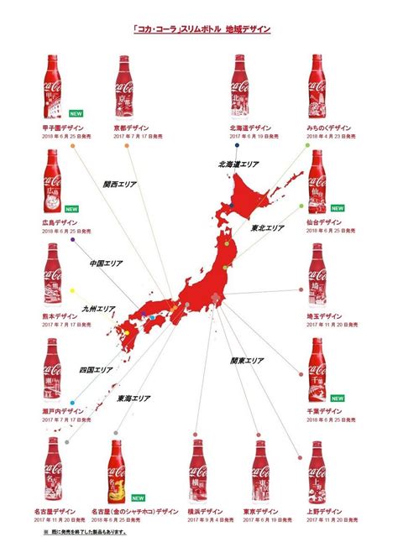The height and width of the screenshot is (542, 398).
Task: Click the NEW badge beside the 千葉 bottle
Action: (x=338, y=398)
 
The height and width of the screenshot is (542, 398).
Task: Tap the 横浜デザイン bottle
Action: (x=197, y=474)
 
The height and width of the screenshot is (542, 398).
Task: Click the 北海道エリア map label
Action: (x=232, y=164)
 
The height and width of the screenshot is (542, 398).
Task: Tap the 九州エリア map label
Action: (x=98, y=310)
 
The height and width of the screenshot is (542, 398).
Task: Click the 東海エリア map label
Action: (x=134, y=399)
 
